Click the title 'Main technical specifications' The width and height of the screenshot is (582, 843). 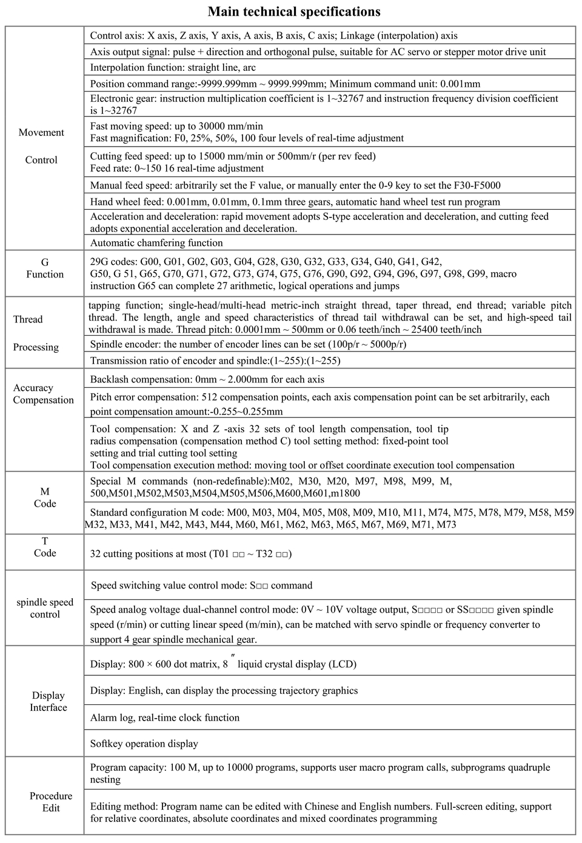click(294, 12)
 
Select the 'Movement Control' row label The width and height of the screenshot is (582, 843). click(41, 146)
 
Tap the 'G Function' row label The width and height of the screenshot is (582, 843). click(45, 268)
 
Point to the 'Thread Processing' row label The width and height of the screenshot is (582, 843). click(36, 333)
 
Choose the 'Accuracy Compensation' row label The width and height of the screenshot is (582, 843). click(43, 394)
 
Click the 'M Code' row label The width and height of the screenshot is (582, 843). click(45, 498)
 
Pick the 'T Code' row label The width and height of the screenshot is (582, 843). click(45, 547)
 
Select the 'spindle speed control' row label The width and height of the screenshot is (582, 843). click(45, 608)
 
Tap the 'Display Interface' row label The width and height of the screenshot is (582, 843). click(48, 701)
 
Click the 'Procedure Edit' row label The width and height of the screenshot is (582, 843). click(51, 802)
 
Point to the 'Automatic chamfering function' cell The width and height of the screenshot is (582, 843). click(156, 243)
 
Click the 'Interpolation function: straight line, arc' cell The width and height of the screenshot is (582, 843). click(173, 67)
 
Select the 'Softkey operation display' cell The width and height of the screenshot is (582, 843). click(144, 744)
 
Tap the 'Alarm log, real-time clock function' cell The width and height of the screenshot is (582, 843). click(165, 718)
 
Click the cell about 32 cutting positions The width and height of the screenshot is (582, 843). click(191, 553)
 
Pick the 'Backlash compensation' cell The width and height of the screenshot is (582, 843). click(207, 379)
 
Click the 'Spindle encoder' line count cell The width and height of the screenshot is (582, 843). click(248, 344)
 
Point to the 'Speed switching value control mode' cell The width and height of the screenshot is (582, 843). click(201, 585)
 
